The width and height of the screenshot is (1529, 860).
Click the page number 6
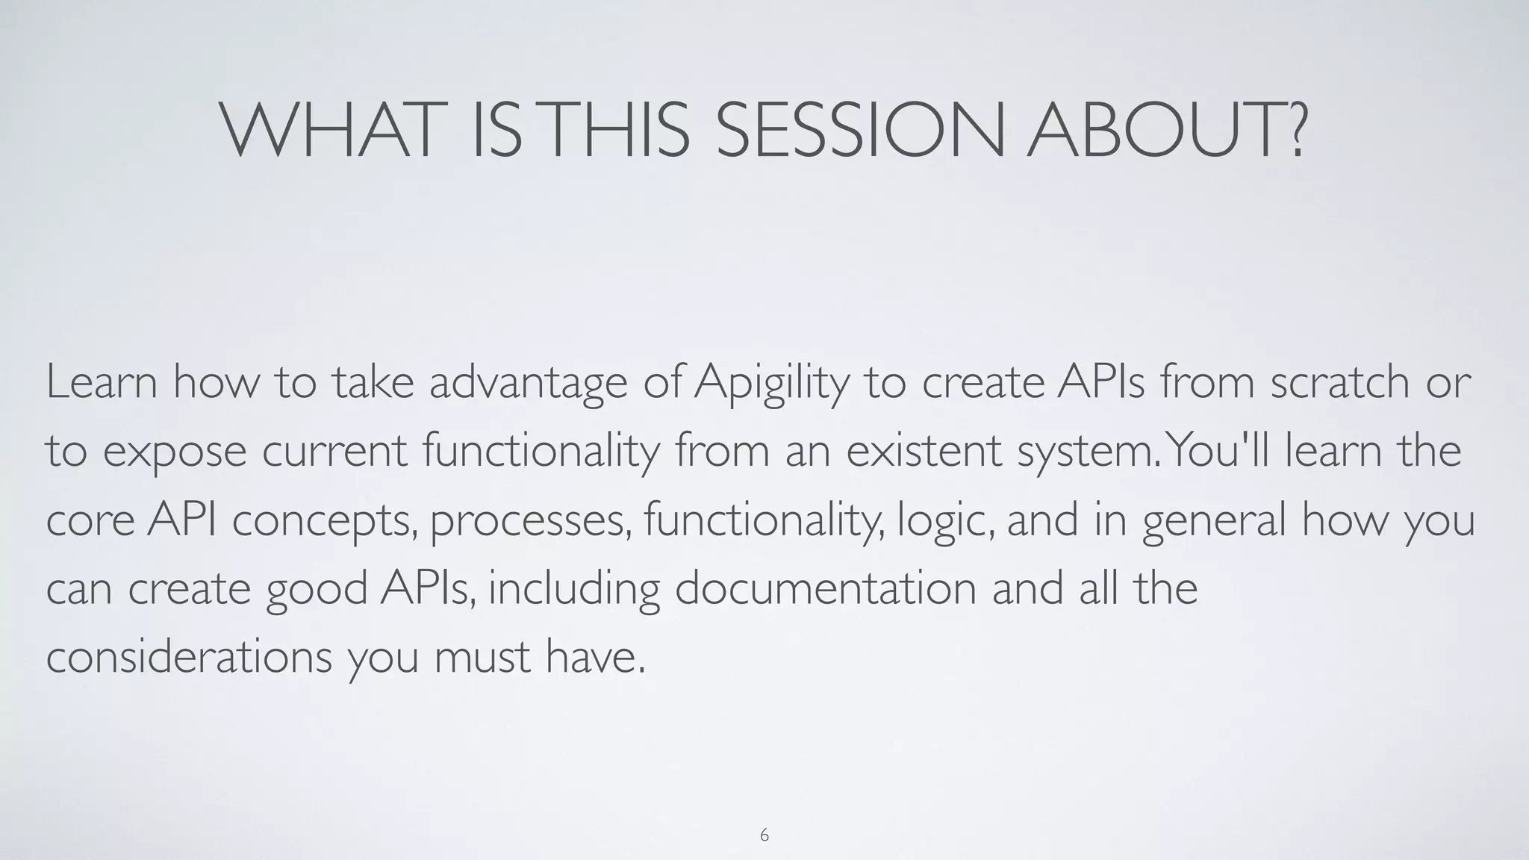[764, 835]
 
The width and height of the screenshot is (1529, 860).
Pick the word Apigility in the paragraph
[771, 383]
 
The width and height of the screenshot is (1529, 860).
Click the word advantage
[528, 383]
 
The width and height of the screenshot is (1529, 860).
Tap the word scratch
[1339, 381]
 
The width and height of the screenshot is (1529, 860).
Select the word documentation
[826, 588]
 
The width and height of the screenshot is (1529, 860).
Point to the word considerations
[189, 657]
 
